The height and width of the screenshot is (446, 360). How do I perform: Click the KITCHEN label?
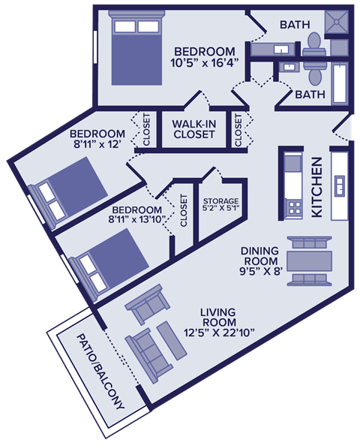(316, 188)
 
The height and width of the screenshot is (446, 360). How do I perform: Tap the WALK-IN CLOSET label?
(194, 129)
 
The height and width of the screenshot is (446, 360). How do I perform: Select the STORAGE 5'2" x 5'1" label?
(221, 206)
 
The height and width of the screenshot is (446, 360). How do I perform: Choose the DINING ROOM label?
(260, 256)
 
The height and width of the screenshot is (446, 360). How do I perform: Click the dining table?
(309, 261)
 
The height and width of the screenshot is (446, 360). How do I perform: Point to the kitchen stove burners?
(293, 206)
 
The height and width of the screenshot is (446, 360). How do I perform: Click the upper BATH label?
(295, 25)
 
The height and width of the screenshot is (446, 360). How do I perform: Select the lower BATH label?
(310, 95)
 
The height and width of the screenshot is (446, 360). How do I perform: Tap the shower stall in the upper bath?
(338, 23)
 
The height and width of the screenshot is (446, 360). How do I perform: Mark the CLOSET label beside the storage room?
(183, 211)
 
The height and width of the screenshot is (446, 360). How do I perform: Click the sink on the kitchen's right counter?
(339, 185)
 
